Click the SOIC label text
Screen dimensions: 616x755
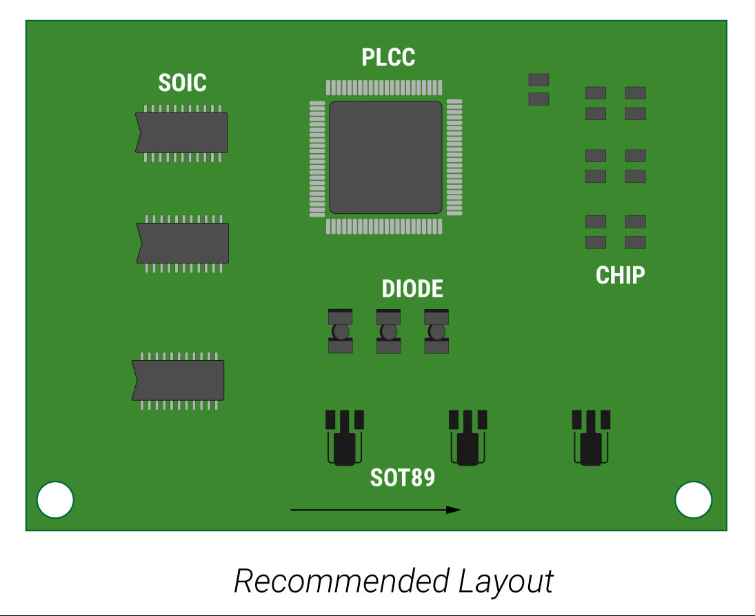(182, 83)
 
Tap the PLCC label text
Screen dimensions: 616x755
(388, 57)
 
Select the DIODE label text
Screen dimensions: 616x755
(412, 289)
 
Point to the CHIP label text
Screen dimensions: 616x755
(621, 275)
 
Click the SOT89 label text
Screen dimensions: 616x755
(403, 477)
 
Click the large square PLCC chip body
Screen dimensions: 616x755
(385, 157)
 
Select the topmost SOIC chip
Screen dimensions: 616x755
(182, 132)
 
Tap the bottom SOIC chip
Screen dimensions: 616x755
(179, 380)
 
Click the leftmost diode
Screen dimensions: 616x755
(341, 331)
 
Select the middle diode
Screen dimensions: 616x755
(389, 331)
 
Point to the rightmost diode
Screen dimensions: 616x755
(436, 331)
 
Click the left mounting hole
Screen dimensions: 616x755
(55, 500)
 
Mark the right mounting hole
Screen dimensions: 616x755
(693, 500)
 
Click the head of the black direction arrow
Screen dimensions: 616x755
(454, 510)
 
